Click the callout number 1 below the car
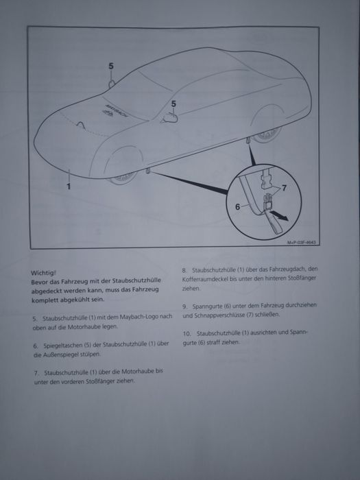click(x=69, y=186)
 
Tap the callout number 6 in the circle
click(x=237, y=207)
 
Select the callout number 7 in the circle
click(x=284, y=188)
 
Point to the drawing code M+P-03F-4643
click(x=302, y=243)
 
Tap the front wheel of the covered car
click(x=123, y=178)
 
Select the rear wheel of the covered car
click(x=267, y=135)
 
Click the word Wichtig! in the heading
click(x=43, y=272)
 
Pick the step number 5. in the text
click(x=35, y=319)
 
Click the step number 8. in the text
click(x=184, y=270)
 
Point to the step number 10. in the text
click(x=187, y=333)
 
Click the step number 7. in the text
click(x=36, y=373)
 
